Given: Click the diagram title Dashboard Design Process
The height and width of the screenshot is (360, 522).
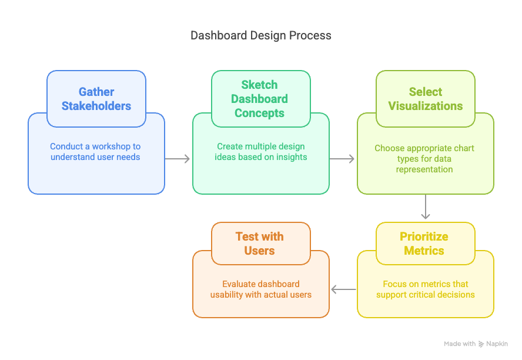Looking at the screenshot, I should (261, 35).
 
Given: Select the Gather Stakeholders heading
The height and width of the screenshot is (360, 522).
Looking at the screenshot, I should (96, 99).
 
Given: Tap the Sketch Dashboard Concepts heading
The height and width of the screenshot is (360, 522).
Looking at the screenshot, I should (259, 99).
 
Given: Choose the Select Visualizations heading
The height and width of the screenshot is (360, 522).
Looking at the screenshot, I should (425, 99).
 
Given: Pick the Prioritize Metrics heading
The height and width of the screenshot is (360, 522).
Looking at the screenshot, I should (424, 244).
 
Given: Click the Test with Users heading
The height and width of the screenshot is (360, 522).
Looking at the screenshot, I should (259, 244).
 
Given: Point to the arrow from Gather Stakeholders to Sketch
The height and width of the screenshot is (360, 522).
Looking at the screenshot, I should (178, 159).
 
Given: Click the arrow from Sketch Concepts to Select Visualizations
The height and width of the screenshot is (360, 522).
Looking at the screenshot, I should (342, 159).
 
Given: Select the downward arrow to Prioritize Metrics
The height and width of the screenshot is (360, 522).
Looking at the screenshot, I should (426, 207).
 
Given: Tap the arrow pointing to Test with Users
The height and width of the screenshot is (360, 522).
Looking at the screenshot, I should (343, 289).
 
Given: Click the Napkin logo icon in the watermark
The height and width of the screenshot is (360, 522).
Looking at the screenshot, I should (481, 344).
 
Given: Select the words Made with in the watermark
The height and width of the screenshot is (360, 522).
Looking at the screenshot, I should (460, 344).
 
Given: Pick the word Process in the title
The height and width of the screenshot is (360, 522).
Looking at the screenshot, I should (312, 35).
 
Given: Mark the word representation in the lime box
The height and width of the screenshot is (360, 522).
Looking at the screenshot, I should (424, 169).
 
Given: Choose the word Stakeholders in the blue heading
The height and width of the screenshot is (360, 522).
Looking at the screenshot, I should (96, 106).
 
